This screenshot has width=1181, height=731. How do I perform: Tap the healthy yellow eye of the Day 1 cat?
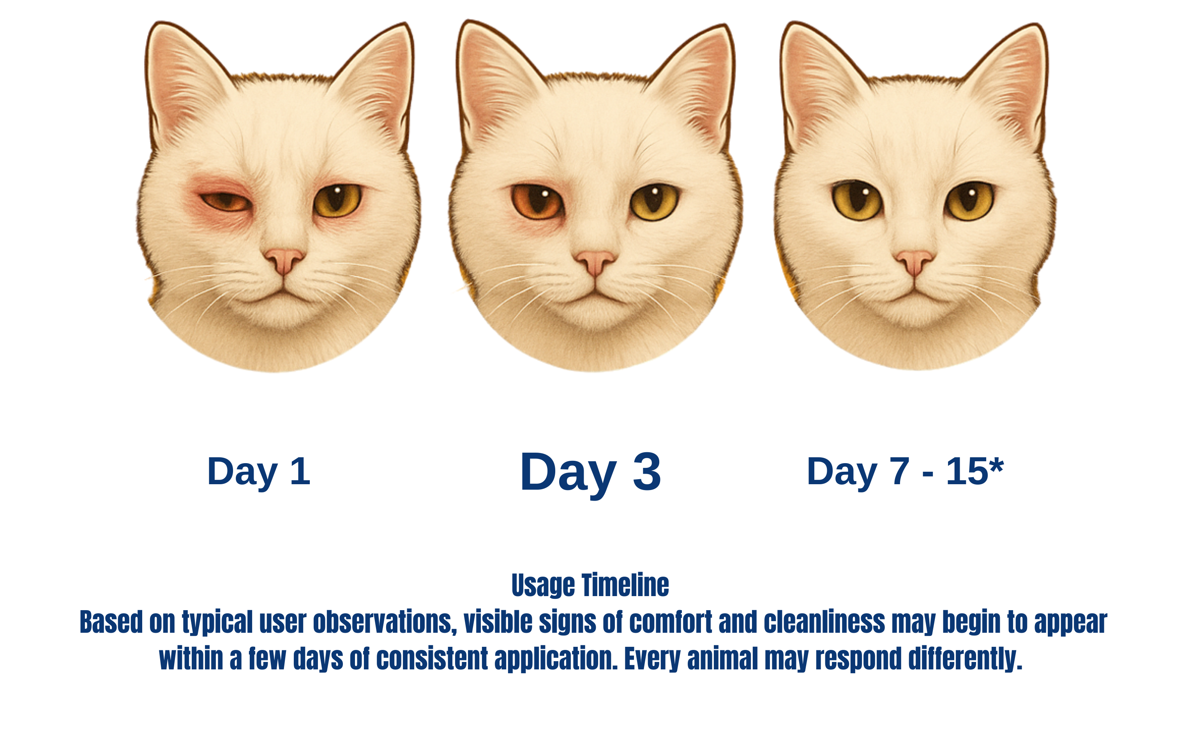point(337,200)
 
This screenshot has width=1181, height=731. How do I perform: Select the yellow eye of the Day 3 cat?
point(654,202)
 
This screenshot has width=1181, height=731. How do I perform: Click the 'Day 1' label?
point(258,472)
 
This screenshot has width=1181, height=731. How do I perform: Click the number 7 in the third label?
point(899,471)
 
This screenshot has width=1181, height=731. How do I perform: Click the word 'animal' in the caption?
point(722,658)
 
